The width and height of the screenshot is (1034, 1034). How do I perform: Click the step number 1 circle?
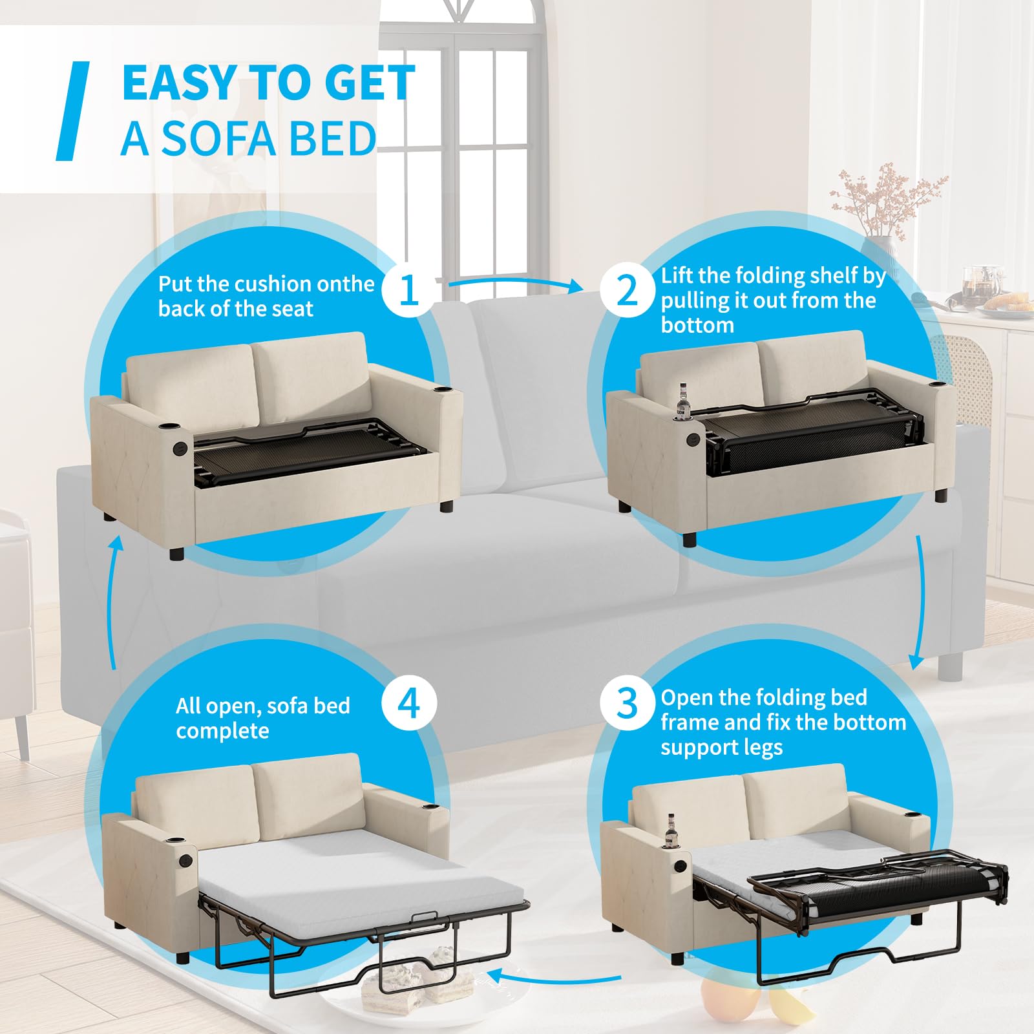point(409,289)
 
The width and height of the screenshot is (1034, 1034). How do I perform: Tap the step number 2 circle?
point(628,289)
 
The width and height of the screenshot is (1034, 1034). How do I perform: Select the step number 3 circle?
point(628,702)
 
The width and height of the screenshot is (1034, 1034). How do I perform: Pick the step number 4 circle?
point(409,702)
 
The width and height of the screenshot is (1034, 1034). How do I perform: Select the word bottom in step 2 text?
point(697,325)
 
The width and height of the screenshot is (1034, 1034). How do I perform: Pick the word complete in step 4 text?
point(222,731)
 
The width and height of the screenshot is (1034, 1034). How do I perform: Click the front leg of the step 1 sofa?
point(176,553)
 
